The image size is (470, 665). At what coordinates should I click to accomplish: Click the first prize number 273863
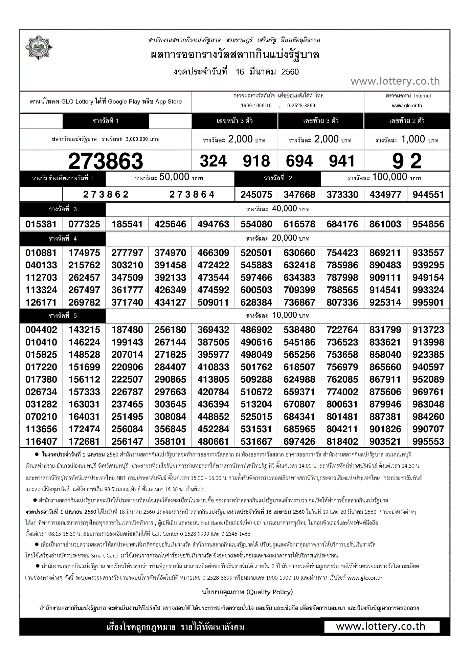coord(106,161)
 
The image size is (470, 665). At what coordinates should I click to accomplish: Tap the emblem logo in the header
coord(39,48)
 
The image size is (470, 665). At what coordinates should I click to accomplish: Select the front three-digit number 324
coord(213,161)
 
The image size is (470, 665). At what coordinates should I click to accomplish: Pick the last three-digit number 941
coord(342,161)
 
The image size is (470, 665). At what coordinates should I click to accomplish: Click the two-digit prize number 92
coord(407,161)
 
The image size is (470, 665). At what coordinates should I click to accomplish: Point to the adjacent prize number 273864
coord(192,195)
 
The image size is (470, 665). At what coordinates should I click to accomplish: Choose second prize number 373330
coord(342,195)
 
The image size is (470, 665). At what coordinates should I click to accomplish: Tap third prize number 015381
coord(41,224)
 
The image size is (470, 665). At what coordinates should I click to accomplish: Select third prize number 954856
coord(428,224)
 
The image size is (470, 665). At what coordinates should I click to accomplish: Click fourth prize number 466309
coord(213,253)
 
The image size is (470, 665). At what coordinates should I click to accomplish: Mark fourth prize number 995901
coord(428,302)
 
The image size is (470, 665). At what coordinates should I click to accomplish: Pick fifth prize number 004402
coord(41,330)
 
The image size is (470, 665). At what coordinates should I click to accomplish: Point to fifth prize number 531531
coord(256,429)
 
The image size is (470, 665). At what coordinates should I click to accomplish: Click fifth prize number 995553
coord(428,442)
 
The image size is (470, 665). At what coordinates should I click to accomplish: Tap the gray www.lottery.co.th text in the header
coord(395,81)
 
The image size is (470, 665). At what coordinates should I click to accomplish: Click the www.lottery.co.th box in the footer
coord(381,626)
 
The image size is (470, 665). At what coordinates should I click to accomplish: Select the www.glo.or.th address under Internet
coord(407,106)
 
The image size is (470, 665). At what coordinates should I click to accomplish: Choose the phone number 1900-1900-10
coord(256,106)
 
